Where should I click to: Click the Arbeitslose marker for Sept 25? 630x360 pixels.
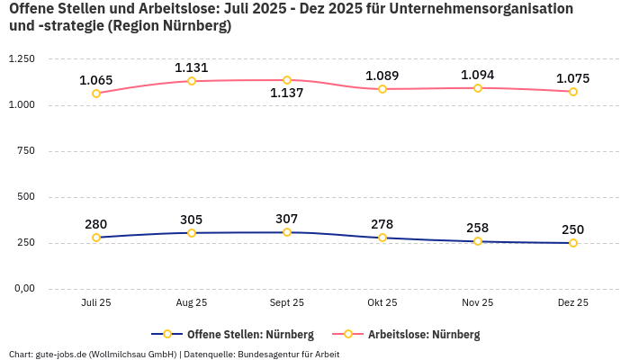[287, 80]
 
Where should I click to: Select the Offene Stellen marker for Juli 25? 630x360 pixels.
[96, 238]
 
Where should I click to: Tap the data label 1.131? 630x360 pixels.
[192, 67]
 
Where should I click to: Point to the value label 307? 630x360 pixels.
[287, 219]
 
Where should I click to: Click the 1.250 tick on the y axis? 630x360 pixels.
[22, 59]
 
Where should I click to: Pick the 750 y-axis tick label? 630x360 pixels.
[26, 151]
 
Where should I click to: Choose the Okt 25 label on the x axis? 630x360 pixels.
[382, 303]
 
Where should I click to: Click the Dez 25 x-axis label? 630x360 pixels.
[573, 303]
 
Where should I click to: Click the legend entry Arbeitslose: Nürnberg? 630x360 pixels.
[424, 335]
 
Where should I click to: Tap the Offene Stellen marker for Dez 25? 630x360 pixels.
[573, 243]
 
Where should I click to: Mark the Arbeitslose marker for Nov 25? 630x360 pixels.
[478, 88]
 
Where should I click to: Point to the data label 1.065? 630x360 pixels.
[96, 80]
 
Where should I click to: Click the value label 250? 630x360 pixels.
[573, 229]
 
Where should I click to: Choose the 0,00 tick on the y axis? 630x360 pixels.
[23, 289]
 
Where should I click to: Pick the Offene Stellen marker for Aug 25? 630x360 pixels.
[192, 233]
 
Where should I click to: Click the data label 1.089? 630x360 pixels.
[382, 76]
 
